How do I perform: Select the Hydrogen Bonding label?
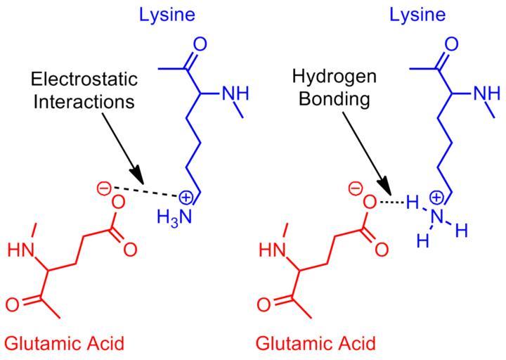click(x=334, y=88)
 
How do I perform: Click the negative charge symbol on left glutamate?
click(x=103, y=188)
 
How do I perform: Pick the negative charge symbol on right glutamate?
click(x=355, y=188)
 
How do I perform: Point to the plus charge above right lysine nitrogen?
click(x=436, y=198)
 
